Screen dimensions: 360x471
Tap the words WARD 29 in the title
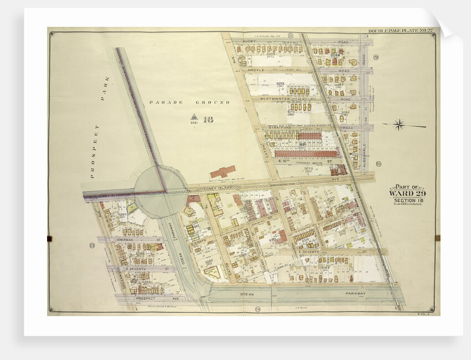(x=407, y=194)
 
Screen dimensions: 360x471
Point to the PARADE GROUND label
(x=189, y=103)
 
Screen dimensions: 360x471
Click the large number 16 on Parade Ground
(x=208, y=119)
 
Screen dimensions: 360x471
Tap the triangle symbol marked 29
(x=194, y=117)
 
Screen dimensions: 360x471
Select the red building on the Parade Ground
(x=222, y=171)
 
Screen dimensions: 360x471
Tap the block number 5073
(x=280, y=84)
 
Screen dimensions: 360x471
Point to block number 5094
(x=335, y=55)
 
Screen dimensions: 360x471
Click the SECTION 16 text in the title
(x=407, y=201)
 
